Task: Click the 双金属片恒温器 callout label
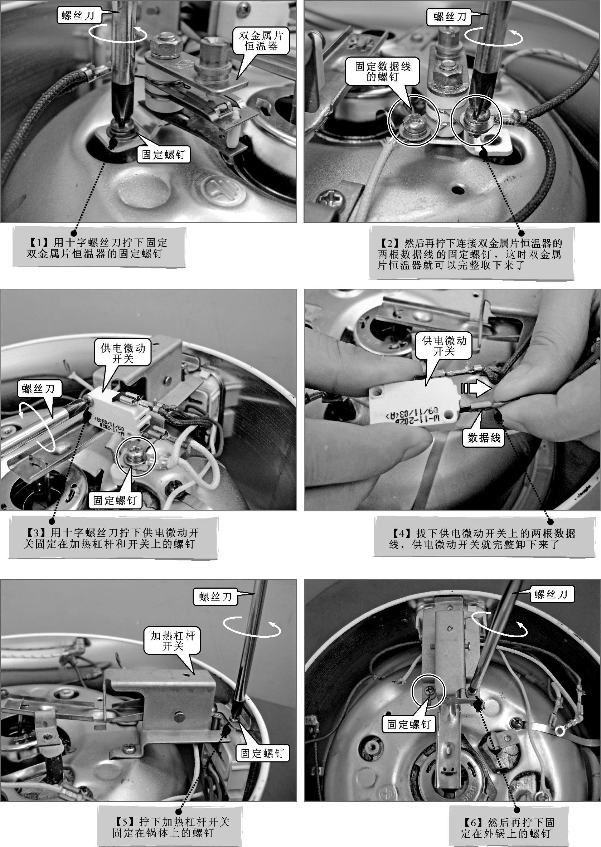coord(261,41)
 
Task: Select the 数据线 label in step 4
coord(484,438)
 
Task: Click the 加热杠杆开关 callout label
coord(173,641)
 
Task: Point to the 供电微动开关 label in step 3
coord(123,353)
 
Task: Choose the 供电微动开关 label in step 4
coord(444,345)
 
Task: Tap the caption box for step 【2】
coord(471,254)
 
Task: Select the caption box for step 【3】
coord(113,538)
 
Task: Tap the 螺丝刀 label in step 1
coord(78,15)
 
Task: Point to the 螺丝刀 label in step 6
coord(551,595)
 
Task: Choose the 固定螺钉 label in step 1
coord(164,154)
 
